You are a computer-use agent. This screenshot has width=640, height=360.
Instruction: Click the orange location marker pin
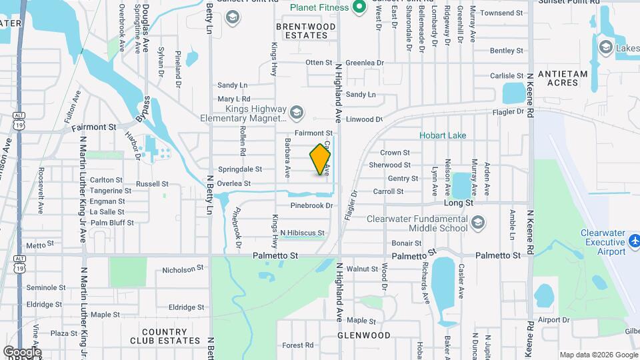pyautogui.click(x=321, y=159)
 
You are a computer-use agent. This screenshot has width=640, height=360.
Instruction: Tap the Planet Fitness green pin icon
pyautogui.click(x=359, y=7)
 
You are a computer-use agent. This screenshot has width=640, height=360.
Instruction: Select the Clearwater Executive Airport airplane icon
pyautogui.click(x=634, y=239)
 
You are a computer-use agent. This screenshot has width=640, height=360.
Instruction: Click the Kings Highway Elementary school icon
pyautogui.click(x=297, y=111)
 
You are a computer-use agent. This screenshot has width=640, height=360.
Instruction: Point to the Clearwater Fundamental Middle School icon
pyautogui.click(x=477, y=222)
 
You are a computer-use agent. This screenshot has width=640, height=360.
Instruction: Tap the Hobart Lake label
pyautogui.click(x=443, y=135)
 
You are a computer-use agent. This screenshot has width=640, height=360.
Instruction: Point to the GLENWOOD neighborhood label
pyautogui.click(x=364, y=335)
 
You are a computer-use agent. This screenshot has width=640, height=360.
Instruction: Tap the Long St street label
pyautogui.click(x=459, y=202)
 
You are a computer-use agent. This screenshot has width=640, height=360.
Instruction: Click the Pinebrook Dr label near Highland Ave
pyautogui.click(x=311, y=206)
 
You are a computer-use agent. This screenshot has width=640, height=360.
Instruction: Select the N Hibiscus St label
pyautogui.click(x=302, y=233)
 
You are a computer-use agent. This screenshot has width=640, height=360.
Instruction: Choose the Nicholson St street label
pyautogui.click(x=183, y=269)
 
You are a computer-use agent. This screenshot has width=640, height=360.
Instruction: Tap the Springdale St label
pyautogui.click(x=240, y=169)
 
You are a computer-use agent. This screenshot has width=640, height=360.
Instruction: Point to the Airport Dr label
pyautogui.click(x=553, y=320)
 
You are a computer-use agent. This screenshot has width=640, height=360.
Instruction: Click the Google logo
pyautogui.click(x=22, y=351)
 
